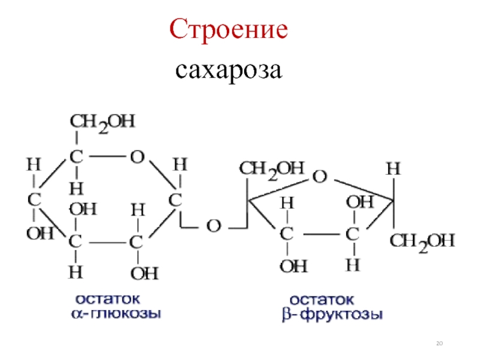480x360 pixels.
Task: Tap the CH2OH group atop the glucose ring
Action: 103,122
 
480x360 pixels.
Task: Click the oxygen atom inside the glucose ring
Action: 137,157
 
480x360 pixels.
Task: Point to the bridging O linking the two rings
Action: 213,226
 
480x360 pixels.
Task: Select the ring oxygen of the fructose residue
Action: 320,176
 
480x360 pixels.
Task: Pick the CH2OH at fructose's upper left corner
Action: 272,169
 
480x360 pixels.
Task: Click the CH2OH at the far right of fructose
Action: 423,242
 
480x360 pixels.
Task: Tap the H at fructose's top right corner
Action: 392,169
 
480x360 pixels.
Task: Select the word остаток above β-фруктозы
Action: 322,298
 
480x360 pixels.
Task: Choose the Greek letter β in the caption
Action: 287,314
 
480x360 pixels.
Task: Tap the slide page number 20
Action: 439,343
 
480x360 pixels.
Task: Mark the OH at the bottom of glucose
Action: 144,274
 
